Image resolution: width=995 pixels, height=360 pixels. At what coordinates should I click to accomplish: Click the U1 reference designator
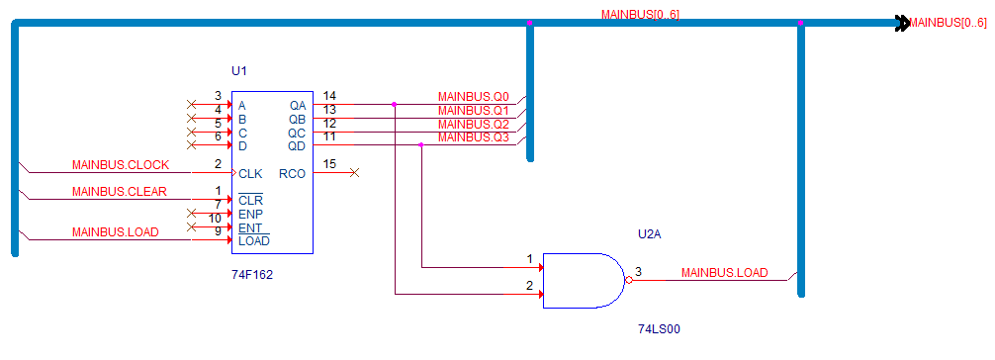coord(238,70)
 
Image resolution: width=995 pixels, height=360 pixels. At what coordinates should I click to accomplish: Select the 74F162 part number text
coord(252,275)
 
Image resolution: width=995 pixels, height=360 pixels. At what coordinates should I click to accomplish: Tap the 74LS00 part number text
coord(660,329)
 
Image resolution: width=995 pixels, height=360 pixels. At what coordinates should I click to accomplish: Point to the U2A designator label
coord(651,234)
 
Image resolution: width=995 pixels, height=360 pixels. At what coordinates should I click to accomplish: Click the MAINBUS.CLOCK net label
coord(121,165)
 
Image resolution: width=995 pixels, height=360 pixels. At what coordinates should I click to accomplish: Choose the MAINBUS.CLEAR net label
coord(120,192)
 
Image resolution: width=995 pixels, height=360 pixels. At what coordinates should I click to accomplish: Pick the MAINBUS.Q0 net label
coord(474,97)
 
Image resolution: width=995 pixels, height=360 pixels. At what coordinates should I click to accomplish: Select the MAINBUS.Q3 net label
coord(474,137)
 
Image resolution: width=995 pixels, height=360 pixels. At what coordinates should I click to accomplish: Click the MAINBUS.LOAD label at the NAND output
coord(724,273)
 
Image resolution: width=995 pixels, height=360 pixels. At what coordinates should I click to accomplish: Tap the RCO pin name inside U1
coord(292,173)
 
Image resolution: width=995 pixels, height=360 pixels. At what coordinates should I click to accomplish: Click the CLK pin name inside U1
coord(250,173)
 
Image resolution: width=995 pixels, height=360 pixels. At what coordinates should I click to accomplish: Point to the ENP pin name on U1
coord(250,214)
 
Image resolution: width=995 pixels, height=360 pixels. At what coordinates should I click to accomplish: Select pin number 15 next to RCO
coord(329,164)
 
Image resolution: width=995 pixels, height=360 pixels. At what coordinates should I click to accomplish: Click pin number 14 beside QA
coord(329,96)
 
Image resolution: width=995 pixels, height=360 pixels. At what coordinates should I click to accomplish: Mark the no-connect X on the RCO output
coord(355,173)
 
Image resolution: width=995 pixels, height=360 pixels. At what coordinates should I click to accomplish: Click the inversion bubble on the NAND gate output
coord(628,280)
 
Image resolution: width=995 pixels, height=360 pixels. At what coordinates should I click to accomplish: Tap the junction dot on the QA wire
coord(394,104)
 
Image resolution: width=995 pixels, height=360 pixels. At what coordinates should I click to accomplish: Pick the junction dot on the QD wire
coord(421,144)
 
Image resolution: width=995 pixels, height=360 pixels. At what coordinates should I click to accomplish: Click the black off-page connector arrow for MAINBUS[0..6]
coord(902,24)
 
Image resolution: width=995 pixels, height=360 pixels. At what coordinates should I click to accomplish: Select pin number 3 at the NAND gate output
coord(638,272)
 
